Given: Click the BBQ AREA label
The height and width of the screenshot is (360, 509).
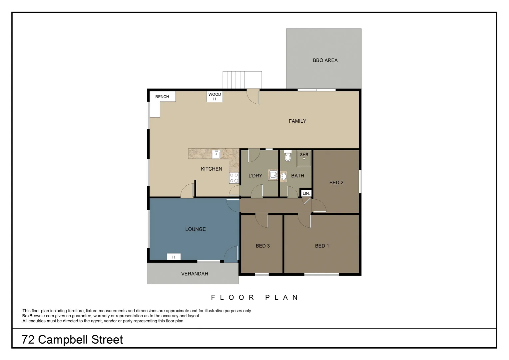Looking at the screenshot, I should (x=325, y=60).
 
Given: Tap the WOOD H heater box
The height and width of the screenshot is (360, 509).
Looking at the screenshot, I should (x=215, y=97).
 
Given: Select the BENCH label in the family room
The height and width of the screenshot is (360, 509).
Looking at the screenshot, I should (x=162, y=97).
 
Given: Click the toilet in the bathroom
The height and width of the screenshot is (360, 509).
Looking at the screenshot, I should (x=288, y=156).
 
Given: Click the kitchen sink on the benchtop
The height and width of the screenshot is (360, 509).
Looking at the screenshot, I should (x=216, y=154).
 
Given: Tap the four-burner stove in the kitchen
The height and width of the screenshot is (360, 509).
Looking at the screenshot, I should (x=234, y=178).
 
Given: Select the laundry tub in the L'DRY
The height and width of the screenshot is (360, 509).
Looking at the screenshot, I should (x=273, y=175).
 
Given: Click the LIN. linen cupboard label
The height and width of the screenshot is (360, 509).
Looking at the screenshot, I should (x=306, y=193).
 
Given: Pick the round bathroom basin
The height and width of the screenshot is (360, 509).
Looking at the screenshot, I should (x=283, y=176).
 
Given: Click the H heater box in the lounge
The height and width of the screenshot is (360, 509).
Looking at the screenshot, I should (x=174, y=257).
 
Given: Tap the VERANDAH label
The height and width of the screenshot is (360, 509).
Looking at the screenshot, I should (x=195, y=274).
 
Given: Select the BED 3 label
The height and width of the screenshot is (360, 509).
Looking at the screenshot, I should (x=262, y=246).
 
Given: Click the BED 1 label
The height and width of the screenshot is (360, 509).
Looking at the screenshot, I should (x=322, y=246).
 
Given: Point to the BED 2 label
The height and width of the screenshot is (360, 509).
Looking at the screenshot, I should (x=336, y=182).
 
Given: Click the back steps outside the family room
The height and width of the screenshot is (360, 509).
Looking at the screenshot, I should (x=242, y=80).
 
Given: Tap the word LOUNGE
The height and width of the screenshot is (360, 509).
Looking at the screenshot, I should (x=195, y=229).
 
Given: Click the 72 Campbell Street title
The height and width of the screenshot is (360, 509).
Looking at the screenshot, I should (x=72, y=339).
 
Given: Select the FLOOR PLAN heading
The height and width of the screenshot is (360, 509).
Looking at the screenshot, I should (x=254, y=297).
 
